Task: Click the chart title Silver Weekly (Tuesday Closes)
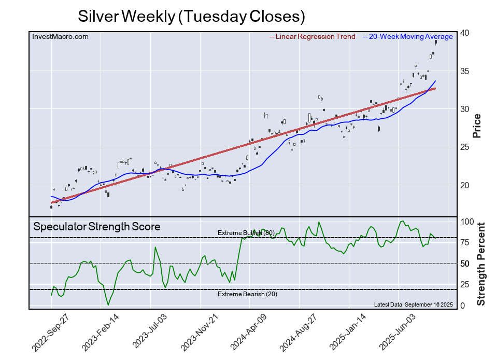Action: [x=191, y=16]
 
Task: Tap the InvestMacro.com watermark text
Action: [x=60, y=36]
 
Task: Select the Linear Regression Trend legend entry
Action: [x=313, y=36]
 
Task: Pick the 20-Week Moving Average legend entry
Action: [x=407, y=36]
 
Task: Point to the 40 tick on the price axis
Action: [x=464, y=33]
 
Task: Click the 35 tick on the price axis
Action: [x=464, y=71]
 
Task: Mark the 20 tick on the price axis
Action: [x=464, y=185]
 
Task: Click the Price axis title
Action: [x=477, y=126]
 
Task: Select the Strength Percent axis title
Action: [x=480, y=264]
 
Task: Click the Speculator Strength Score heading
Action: [x=97, y=227]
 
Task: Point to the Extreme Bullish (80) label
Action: [x=246, y=232]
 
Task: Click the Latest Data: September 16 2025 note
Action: [x=413, y=304]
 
